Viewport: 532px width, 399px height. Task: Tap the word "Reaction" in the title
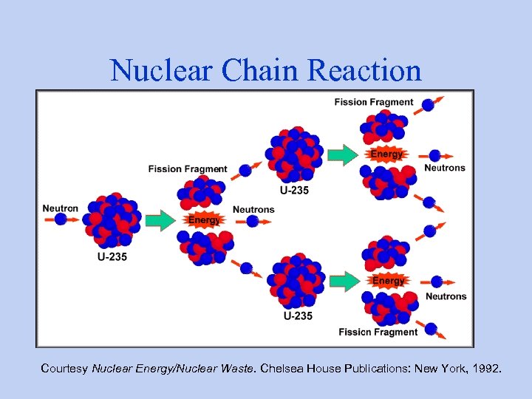[365, 70]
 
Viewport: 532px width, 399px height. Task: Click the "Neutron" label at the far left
[60, 208]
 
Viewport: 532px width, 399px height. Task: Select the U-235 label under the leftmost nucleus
[112, 256]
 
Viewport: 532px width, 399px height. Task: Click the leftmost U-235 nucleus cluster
[112, 220]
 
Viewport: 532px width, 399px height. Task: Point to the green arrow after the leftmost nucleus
[159, 220]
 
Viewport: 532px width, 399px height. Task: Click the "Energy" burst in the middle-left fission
[204, 220]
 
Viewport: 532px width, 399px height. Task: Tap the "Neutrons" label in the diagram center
[253, 210]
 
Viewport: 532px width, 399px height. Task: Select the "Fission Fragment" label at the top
[373, 102]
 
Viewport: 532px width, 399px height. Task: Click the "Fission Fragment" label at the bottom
[378, 332]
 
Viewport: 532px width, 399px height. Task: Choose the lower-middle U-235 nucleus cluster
[295, 281]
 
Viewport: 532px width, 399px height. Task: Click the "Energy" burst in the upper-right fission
[387, 154]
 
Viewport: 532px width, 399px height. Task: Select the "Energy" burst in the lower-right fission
[389, 281]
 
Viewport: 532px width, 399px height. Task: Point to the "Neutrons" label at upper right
[445, 168]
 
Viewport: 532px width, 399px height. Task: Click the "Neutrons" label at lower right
[446, 296]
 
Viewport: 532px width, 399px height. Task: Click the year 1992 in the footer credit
[484, 367]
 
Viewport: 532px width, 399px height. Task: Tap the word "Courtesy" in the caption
[64, 367]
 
